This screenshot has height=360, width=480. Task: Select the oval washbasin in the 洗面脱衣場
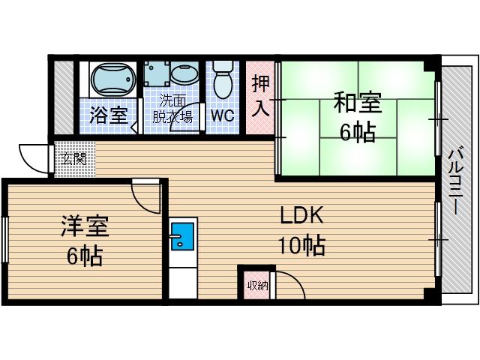click(183, 76)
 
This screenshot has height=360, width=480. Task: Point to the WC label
click(221, 116)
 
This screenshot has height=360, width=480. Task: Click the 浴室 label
click(108, 115)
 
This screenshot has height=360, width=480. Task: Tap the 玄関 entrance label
click(73, 158)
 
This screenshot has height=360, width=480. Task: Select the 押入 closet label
click(259, 95)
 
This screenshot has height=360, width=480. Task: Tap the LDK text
click(301, 217)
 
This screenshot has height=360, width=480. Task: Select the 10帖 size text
click(301, 245)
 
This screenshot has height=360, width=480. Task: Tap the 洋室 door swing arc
click(147, 197)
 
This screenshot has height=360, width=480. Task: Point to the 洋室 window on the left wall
click(4, 241)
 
